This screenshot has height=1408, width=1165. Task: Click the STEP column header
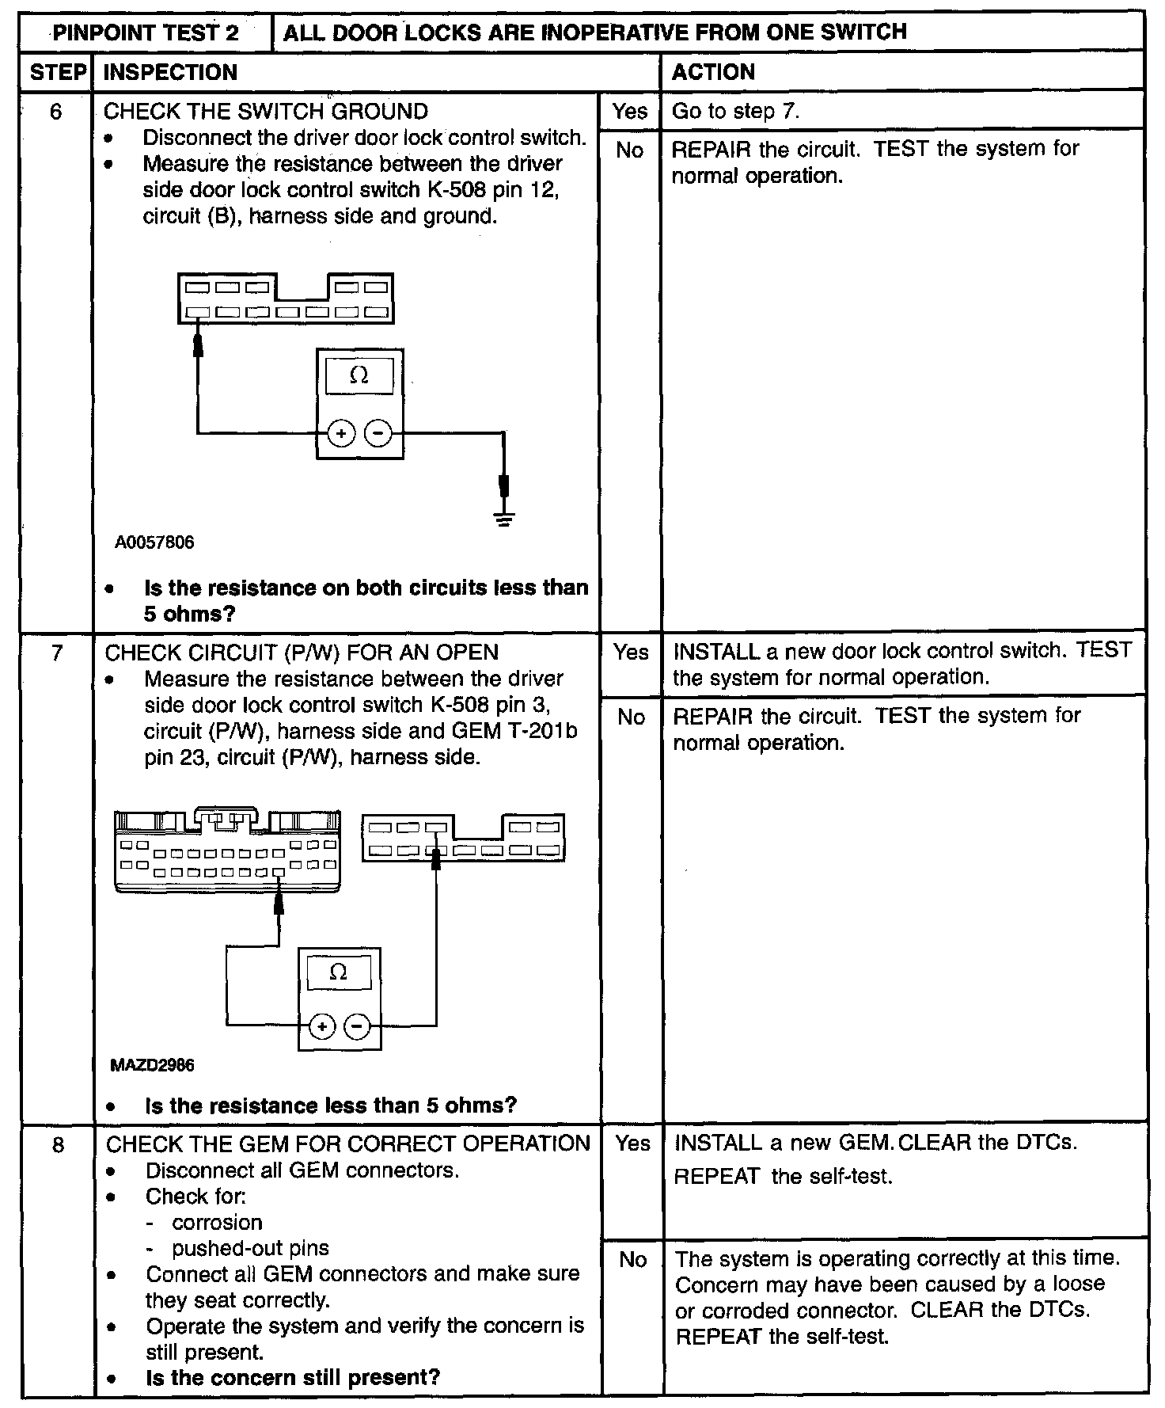coord(57,73)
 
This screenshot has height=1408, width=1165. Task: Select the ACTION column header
coord(713,73)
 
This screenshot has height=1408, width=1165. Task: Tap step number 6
coord(56,112)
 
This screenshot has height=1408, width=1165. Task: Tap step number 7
coord(57,653)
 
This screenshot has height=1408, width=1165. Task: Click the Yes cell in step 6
coord(630,112)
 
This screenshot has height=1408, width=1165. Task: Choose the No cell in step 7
coord(631,717)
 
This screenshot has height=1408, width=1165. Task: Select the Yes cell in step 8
coord(632,1144)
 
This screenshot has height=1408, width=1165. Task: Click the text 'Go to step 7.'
coord(736,112)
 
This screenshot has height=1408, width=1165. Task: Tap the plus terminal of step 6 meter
coord(341,433)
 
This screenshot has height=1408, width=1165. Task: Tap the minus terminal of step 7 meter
coord(358,1027)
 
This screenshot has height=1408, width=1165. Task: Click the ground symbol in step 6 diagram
coord(503,519)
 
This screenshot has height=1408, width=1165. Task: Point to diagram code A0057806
coord(154,543)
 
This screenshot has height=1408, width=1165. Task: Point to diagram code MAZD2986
coord(152,1065)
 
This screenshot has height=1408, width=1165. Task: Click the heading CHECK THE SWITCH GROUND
coord(266,112)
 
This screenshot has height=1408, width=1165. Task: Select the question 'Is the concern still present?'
coord(293,1377)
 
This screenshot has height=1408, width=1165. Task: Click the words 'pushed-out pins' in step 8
coord(250,1249)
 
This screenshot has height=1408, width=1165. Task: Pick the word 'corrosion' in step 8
coord(217,1223)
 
